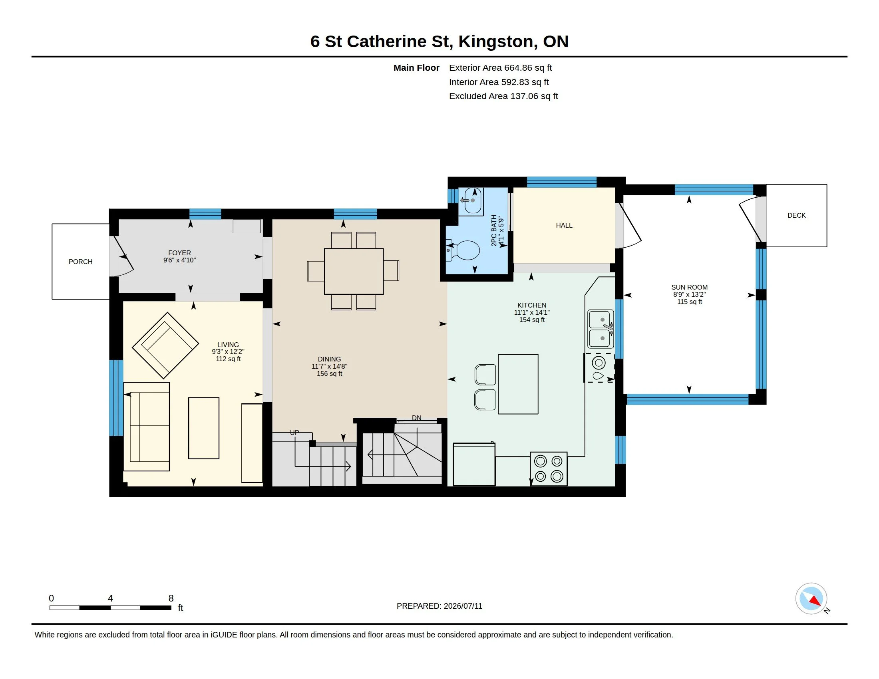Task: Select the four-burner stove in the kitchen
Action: [x=549, y=469]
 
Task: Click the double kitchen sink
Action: [x=601, y=329]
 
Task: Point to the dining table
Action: [x=354, y=271]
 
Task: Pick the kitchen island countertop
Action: [x=518, y=384]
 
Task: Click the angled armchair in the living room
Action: [x=165, y=345]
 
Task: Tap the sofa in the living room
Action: [x=147, y=427]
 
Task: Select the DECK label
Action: [x=796, y=216]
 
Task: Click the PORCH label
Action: [x=80, y=262]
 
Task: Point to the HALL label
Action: [x=564, y=226]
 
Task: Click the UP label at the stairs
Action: [x=294, y=433]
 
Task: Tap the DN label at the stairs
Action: [x=417, y=418]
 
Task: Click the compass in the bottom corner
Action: [x=811, y=599]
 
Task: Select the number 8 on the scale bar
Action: [x=171, y=598]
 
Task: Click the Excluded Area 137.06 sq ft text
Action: [x=503, y=96]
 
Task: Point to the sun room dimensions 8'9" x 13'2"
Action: [x=690, y=294]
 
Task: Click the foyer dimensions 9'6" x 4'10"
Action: [x=179, y=260]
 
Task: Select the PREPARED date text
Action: [x=439, y=606]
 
